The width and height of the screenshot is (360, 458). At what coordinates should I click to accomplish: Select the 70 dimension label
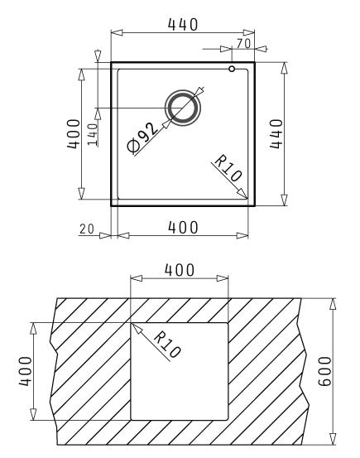(x=242, y=41)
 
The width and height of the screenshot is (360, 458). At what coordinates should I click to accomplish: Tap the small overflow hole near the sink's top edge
(x=233, y=69)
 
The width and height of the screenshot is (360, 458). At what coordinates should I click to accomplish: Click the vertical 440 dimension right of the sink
(x=276, y=133)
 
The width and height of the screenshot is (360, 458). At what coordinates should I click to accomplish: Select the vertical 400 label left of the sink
(x=74, y=133)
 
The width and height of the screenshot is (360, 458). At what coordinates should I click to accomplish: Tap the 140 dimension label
(x=91, y=132)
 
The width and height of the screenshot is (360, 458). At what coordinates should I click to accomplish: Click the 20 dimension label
(x=87, y=229)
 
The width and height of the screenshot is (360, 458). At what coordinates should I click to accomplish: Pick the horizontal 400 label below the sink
(x=182, y=229)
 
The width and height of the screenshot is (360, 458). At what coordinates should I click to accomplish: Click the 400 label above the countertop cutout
(x=180, y=270)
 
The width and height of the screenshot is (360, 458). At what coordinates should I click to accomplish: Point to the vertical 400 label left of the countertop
(x=26, y=370)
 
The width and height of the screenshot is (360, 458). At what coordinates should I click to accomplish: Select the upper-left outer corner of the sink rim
(x=112, y=61)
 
